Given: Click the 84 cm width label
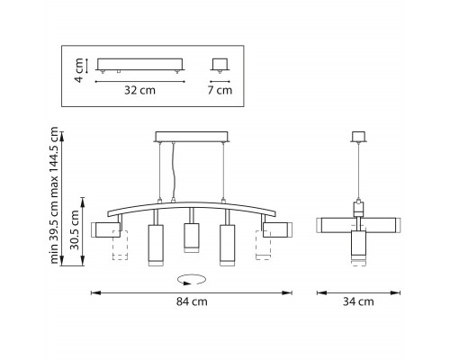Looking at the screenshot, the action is click(x=192, y=301).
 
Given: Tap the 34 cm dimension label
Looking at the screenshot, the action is click(x=358, y=301).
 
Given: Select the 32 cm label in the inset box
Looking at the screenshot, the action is click(x=139, y=90).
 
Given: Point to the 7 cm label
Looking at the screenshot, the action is click(x=220, y=90).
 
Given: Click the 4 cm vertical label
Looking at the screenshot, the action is click(x=78, y=70).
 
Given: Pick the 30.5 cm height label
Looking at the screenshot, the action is click(x=74, y=229).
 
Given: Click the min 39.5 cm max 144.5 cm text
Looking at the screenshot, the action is click(x=54, y=195).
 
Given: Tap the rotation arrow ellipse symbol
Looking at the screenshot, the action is click(x=192, y=280).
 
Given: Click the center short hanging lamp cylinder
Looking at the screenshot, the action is click(x=192, y=238).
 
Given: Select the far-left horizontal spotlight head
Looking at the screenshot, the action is click(x=106, y=229).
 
